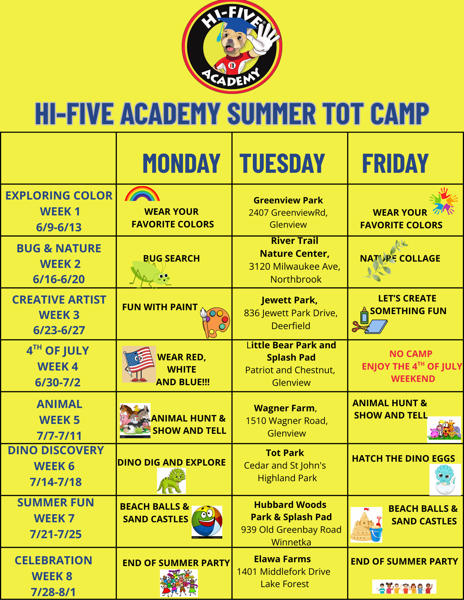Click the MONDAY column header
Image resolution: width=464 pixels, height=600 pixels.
click(x=182, y=163)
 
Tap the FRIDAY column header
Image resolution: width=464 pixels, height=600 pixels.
click(x=395, y=163)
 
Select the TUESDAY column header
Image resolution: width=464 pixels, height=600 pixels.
click(x=282, y=163)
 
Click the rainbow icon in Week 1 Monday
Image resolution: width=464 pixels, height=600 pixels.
click(x=142, y=194)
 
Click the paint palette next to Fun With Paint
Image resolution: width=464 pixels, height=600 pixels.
click(x=215, y=322)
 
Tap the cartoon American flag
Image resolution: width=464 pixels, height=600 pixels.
click(x=139, y=364)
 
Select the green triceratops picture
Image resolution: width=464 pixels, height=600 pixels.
click(x=171, y=481)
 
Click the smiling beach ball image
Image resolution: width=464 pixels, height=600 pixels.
click(x=207, y=522)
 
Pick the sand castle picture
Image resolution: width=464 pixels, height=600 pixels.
click(x=366, y=525)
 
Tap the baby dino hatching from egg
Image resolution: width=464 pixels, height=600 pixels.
click(x=445, y=479)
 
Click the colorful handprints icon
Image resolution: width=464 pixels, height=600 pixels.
click(x=444, y=201)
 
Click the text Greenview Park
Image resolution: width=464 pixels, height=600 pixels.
click(x=288, y=200)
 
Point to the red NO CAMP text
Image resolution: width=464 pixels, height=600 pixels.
click(x=411, y=354)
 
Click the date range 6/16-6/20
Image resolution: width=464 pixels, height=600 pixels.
click(x=59, y=279)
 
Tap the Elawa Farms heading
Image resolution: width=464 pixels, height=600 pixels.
click(x=282, y=559)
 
